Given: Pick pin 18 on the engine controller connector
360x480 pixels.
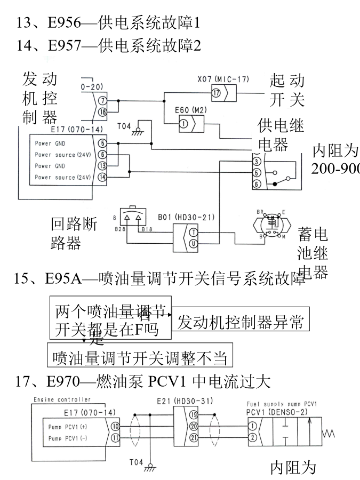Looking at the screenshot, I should point(102,111).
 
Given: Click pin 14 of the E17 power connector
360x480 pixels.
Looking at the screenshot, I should point(102,177).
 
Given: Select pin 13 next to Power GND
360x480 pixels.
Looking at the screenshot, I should point(102,165).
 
